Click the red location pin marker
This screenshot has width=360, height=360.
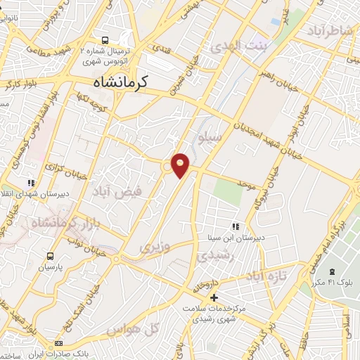[181, 165]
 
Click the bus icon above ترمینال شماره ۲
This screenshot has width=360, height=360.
[105, 40]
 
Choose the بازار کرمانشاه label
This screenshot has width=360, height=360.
[44, 223]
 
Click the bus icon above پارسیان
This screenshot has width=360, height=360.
[50, 256]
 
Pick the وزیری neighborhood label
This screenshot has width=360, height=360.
[154, 247]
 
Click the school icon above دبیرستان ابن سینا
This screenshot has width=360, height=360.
[236, 226]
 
